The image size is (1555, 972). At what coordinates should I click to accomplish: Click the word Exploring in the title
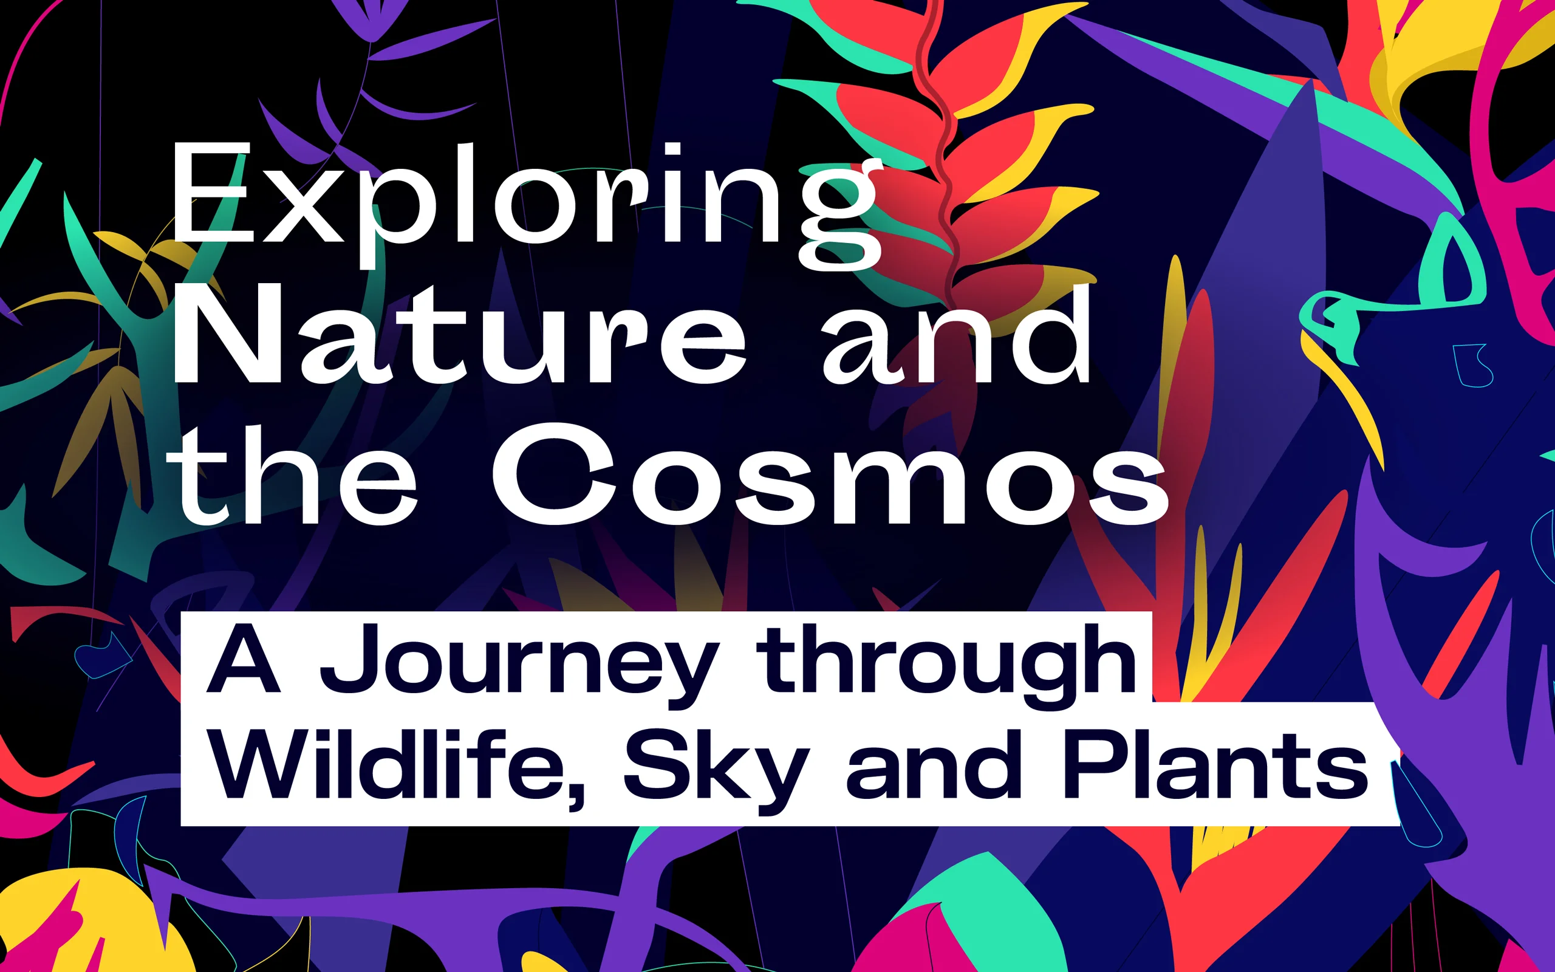[525, 206]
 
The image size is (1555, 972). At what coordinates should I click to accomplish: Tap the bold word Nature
[460, 334]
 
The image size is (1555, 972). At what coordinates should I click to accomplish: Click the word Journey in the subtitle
[519, 666]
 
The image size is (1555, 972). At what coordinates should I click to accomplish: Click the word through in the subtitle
[946, 666]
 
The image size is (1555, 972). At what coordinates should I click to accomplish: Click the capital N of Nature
[228, 334]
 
